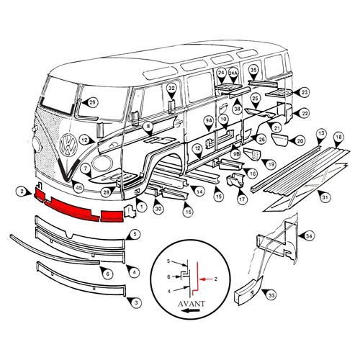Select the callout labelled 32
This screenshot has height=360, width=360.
coord(171,89)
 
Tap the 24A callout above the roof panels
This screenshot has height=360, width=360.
coord(233,73)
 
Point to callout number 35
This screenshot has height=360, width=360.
coord(253,70)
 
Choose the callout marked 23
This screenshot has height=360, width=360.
coord(305,92)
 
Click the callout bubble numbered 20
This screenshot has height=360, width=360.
coord(300,140)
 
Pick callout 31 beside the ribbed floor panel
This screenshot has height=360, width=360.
coord(325,198)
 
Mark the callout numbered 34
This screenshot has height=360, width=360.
coord(309,235)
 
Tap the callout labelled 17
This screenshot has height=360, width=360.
coord(242,199)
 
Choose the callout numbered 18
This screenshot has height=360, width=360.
coord(338,135)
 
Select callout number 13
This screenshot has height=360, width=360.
coord(321,134)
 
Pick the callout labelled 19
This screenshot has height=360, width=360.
coord(271,164)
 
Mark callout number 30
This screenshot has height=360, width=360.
coord(158,209)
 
